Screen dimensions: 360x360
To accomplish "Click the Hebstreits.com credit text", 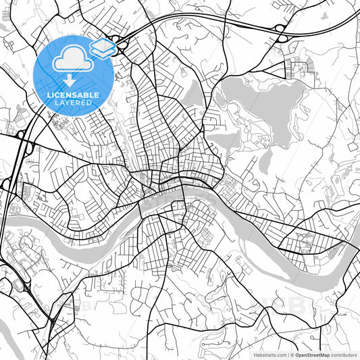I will coord(268,353).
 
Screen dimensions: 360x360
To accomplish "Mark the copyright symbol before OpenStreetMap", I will coord(292,353).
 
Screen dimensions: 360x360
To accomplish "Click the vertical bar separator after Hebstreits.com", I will coord(287,353).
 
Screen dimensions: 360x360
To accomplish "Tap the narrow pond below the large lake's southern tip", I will coord(266,159).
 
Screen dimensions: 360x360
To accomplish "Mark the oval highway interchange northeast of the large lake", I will coord(279,28).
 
